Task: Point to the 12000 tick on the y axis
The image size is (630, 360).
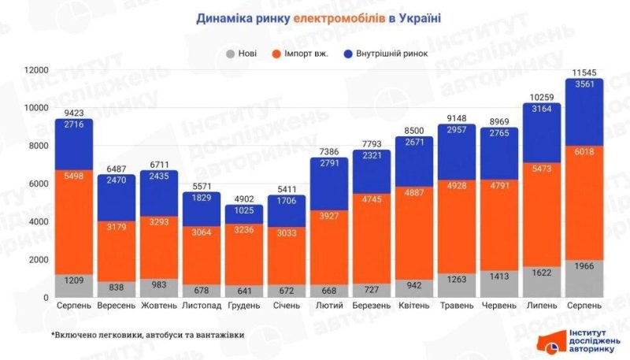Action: coord(35,70)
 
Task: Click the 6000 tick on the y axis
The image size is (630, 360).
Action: coord(38,184)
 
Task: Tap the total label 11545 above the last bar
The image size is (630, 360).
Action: coord(584,72)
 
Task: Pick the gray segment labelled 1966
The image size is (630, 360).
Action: coord(584,278)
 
